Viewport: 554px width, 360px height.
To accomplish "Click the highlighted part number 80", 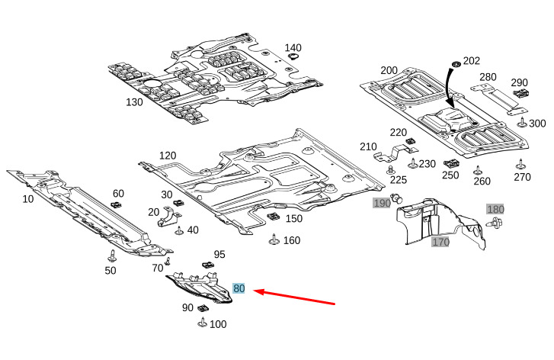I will pos(239,289).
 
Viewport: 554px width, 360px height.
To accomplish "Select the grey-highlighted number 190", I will pos(381,203).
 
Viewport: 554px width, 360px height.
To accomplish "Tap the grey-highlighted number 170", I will pos(440,243).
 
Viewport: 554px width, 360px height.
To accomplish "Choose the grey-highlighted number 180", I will pos(495,209).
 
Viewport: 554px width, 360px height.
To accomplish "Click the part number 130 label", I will pos(134,101).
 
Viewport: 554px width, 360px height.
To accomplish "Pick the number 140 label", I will pos(293,48).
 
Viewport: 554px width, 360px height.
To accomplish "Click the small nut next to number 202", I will pos(456,62).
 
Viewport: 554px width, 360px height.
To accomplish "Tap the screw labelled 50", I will pos(111,254).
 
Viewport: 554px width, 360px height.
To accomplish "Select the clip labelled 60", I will pos(117,204).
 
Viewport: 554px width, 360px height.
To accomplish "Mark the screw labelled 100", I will pos(202,323).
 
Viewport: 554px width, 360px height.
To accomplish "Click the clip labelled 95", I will pos(207,265).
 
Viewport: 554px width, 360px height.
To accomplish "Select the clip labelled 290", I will pos(522,94).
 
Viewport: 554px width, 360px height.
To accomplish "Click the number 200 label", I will pos(389,70).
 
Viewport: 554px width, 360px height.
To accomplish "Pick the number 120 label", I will pos(168,156).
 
